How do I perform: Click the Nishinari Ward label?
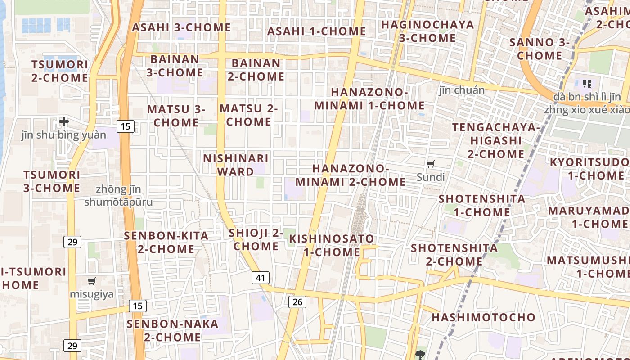point(236,165)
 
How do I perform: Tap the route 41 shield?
point(261,278)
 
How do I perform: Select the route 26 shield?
point(297,301)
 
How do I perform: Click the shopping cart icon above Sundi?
point(431,164)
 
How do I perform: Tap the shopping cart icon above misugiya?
point(92,281)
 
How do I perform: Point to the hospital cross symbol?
point(64,121)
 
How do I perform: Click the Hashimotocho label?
point(484,317)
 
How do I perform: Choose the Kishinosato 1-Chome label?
point(332,245)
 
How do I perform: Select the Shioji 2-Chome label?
point(256,239)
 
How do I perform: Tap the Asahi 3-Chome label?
point(181,27)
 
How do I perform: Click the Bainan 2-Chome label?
point(256,70)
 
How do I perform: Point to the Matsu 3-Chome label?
point(176,116)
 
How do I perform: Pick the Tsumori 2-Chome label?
point(60,71)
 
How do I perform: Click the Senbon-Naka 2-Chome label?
point(172,330)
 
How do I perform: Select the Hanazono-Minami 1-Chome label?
point(369,99)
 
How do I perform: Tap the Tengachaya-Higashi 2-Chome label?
point(496,140)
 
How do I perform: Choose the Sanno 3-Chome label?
point(540,49)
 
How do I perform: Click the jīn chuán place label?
point(462,90)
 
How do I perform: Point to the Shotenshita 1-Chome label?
point(481,205)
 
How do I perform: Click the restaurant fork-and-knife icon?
point(587,83)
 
